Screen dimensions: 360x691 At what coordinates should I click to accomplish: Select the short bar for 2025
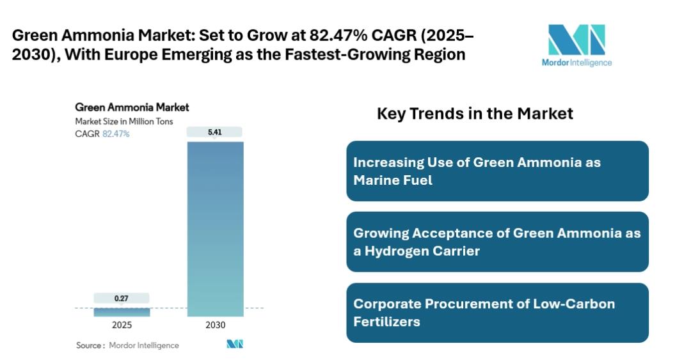click(122, 312)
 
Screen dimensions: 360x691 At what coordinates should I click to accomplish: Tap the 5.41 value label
click(215, 132)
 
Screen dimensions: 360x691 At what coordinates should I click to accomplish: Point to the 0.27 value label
click(122, 298)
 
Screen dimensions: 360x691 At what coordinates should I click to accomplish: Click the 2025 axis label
click(122, 325)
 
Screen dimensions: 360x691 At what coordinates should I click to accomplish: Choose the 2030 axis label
click(215, 325)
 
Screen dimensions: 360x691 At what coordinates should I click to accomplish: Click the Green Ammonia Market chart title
click(132, 107)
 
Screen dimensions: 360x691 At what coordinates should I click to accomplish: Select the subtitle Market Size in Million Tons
click(124, 121)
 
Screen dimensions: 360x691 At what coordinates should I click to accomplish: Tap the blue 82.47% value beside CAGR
click(116, 134)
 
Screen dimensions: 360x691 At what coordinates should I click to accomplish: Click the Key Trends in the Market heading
click(475, 114)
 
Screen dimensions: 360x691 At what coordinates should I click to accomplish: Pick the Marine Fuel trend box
click(497, 171)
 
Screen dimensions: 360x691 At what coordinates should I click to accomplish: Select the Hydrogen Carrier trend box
click(497, 242)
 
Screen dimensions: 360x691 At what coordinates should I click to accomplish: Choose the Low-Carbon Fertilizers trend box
click(497, 313)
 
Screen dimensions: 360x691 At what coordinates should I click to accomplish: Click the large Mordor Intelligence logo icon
click(576, 40)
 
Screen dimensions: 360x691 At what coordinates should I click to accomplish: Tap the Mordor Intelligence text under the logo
click(576, 63)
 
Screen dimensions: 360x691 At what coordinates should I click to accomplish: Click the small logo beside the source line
click(235, 345)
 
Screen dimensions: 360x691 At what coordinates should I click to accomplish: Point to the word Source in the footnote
click(89, 345)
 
